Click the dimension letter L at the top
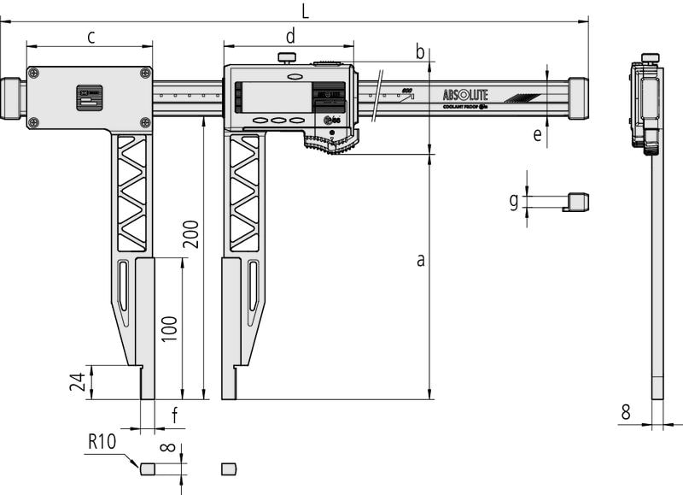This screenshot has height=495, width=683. (305, 10)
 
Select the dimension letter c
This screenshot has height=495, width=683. (90, 36)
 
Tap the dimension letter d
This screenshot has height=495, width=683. (290, 36)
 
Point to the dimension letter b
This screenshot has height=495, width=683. (420, 52)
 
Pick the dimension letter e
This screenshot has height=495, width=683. (537, 134)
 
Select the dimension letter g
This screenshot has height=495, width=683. (513, 201)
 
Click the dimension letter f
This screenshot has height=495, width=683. (175, 416)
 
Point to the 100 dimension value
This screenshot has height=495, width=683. (170, 328)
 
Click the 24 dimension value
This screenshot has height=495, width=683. (78, 381)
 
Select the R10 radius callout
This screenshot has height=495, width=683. (102, 442)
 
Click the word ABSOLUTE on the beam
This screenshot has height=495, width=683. (465, 95)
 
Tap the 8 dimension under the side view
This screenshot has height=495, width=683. (625, 412)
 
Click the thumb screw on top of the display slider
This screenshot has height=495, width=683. (287, 58)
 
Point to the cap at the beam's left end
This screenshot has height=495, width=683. (11, 98)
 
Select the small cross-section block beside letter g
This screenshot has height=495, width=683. (578, 202)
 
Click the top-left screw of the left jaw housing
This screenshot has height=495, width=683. (32, 74)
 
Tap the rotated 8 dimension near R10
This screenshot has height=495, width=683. (168, 446)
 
